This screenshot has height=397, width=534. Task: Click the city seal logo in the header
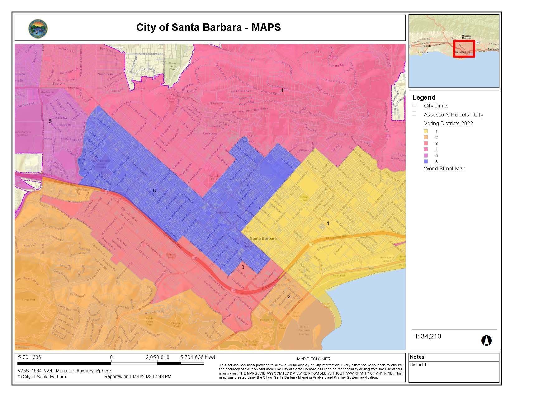[x=38, y=29]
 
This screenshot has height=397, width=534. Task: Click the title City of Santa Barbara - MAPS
[x=208, y=27]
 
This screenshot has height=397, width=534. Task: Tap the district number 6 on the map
[x=154, y=191]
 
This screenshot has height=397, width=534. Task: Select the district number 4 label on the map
[x=282, y=90]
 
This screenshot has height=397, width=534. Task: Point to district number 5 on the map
[x=50, y=121]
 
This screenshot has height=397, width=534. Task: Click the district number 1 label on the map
[x=328, y=223]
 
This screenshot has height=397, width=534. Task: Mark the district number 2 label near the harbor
[x=289, y=296]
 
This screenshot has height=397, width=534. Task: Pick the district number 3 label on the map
[x=243, y=267]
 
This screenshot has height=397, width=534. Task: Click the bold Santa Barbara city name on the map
[x=263, y=238]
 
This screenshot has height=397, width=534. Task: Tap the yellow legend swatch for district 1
[x=426, y=131]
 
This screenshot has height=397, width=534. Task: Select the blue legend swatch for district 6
[x=426, y=162]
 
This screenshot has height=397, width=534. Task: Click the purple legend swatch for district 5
[x=426, y=155]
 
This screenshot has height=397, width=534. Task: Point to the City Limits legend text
[x=436, y=106]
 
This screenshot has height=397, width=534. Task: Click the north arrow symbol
[x=486, y=340]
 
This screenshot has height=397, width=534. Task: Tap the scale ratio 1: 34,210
[x=428, y=336]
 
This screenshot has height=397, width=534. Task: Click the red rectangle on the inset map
[x=464, y=49]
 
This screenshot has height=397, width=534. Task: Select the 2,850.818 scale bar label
[x=158, y=357]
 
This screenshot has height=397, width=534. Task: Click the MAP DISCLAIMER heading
[x=314, y=359]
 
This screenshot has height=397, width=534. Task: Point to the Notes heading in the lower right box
[x=417, y=357]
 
